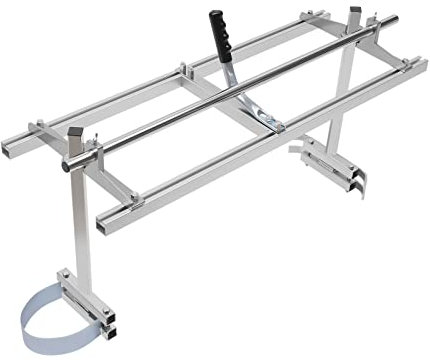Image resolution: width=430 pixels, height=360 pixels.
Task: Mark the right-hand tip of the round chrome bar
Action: point(393,19)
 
